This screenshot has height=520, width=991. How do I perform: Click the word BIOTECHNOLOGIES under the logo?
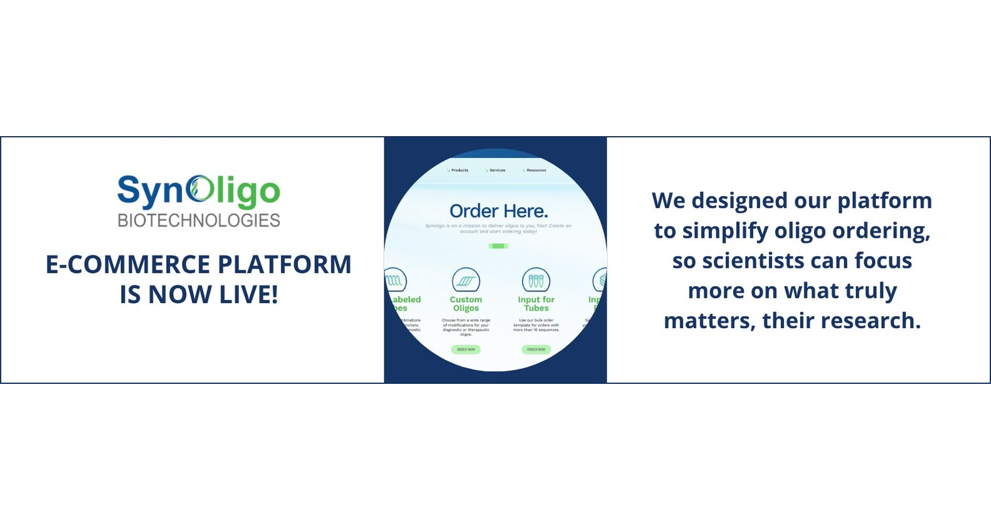click(x=199, y=220)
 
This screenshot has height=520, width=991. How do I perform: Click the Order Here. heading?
click(x=499, y=211)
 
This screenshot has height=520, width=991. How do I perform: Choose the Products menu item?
click(x=459, y=170)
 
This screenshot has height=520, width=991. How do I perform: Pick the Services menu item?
click(x=497, y=170)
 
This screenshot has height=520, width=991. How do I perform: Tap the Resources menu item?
click(x=536, y=170)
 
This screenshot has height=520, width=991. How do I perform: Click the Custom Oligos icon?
click(x=466, y=280)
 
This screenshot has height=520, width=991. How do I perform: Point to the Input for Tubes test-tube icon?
click(x=536, y=280)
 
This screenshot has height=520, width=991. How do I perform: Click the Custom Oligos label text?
click(x=466, y=304)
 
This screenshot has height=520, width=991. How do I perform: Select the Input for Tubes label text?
click(x=536, y=304)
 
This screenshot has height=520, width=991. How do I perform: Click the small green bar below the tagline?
click(x=498, y=246)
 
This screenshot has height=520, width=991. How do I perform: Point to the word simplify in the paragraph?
click(x=725, y=231)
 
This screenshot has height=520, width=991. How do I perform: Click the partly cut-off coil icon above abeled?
click(x=395, y=280)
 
